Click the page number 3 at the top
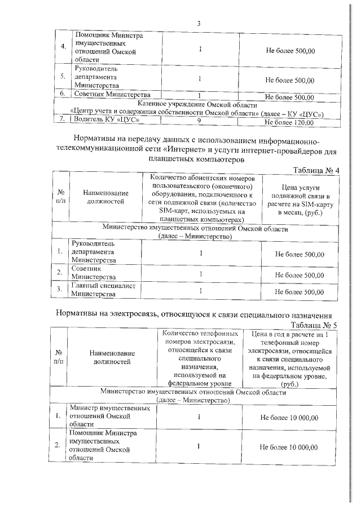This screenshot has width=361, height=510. coord(199,23)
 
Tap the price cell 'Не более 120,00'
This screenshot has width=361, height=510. coord(289,121)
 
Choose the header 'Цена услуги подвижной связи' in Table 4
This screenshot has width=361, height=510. coord(300,200)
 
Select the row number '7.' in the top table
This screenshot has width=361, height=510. coord(63,120)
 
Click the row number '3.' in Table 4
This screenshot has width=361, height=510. coord(59,290)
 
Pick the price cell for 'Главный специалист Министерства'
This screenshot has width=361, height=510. coord(300,292)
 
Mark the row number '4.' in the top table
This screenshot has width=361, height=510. coord(63,47)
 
